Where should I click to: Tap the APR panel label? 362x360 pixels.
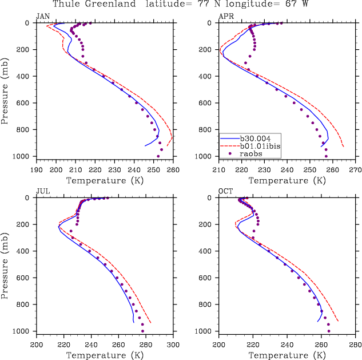pyautogui.click(x=225, y=17)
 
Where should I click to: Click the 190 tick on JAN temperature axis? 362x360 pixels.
pyautogui.click(x=37, y=170)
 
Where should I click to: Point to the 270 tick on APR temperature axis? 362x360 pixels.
pyautogui.click(x=355, y=170)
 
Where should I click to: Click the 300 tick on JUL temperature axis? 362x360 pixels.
pyautogui.click(x=173, y=345)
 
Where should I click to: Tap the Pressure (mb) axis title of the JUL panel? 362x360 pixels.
pyautogui.click(x=6, y=264)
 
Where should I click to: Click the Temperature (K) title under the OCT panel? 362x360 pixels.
pyautogui.click(x=287, y=355)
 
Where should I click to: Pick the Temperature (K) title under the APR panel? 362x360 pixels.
pyautogui.click(x=287, y=181)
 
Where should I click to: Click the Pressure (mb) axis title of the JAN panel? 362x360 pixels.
pyautogui.click(x=6, y=89)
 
